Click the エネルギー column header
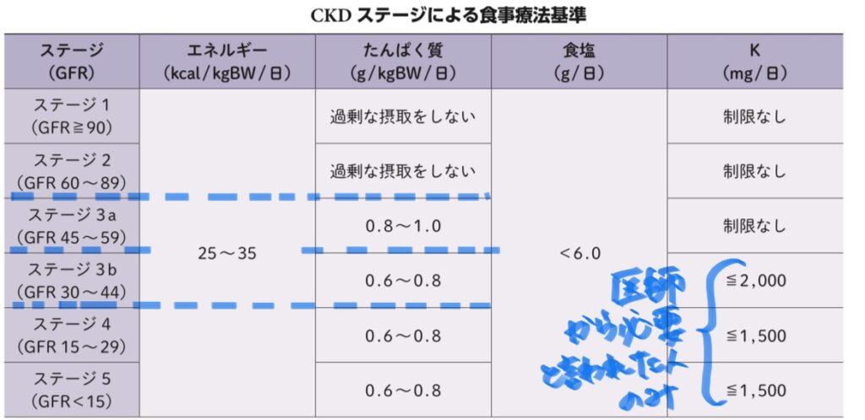pos(226,62)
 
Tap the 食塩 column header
pos(579,62)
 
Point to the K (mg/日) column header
pos(754,62)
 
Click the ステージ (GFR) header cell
pos(72,62)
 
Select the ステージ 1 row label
pos(72,116)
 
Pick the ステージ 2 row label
pos(72,170)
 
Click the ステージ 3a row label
pos(72,225)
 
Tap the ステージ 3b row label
pos(72,280)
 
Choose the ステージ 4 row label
pos(72,335)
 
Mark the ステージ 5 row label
pos(72,390)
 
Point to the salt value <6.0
pos(579,253)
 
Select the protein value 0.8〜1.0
pos(403,226)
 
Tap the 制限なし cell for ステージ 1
pos(754,116)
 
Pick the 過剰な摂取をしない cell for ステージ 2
pos(403,171)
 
